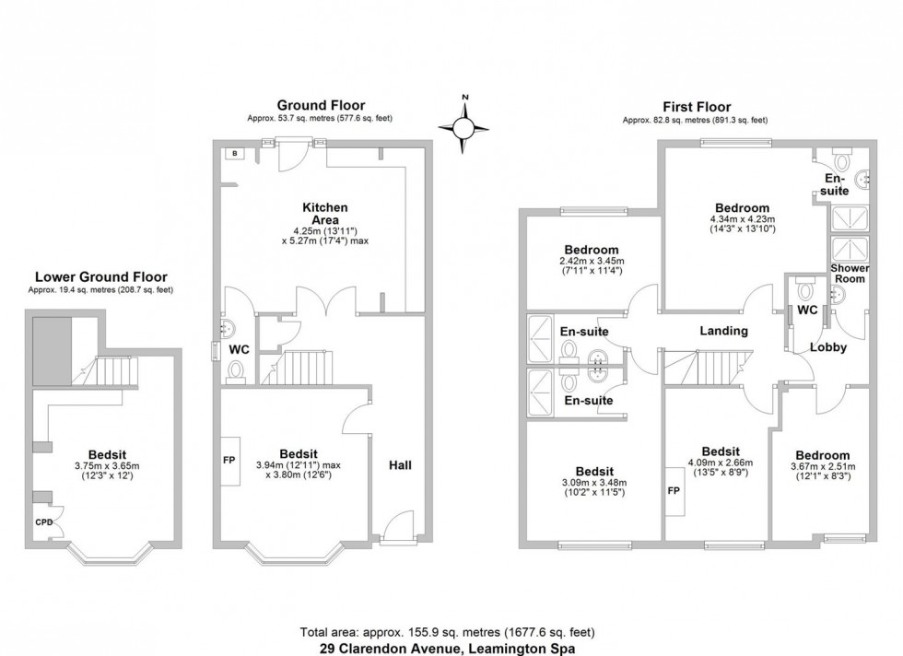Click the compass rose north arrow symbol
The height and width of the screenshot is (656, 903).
click(463, 127)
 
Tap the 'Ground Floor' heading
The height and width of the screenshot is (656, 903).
click(321, 105)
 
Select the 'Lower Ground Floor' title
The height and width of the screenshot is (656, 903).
click(101, 277)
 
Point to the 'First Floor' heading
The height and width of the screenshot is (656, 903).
click(697, 107)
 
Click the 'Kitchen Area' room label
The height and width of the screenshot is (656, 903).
click(325, 214)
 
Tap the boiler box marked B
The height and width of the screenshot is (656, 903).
click(234, 153)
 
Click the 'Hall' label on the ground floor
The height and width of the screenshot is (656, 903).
click(400, 464)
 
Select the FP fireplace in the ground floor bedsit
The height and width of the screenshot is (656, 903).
click(229, 460)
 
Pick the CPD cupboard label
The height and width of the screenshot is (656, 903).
click(44, 522)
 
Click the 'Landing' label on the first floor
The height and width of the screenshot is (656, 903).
click(724, 331)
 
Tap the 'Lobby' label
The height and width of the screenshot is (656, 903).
click(828, 347)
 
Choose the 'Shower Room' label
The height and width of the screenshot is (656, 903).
click(850, 274)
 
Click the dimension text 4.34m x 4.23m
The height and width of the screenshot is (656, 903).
click(743, 219)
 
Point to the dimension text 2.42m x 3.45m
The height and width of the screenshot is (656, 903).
click(592, 261)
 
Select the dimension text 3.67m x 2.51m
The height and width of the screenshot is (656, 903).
click(823, 466)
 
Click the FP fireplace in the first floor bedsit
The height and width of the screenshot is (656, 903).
click(674, 491)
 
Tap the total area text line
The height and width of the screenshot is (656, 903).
click(448, 632)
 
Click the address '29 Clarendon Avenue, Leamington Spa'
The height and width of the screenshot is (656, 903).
click(448, 649)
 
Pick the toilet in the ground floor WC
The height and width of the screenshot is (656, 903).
click(236, 371)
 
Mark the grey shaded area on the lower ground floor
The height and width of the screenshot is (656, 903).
click(52, 351)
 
